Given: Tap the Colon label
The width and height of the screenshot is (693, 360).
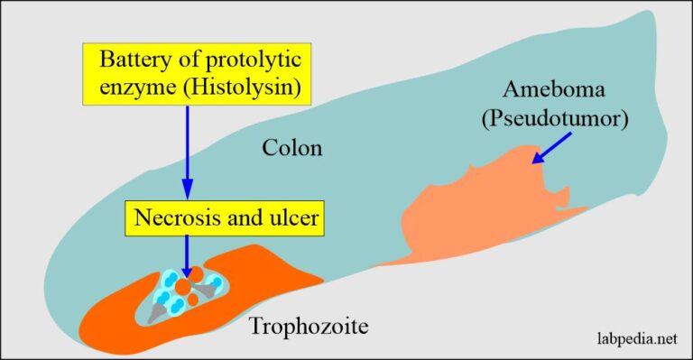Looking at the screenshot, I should coord(291,146).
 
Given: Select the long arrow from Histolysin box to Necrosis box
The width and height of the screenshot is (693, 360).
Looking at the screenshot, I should coord(188,153).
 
